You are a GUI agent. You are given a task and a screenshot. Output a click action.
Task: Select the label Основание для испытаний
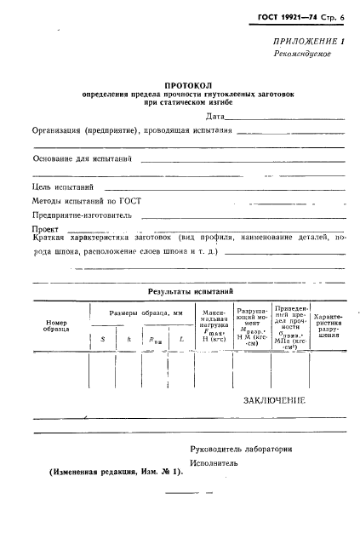pyautogui.click(x=82, y=159)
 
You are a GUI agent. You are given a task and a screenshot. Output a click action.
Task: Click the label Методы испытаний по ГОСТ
pyautogui.click(x=87, y=201)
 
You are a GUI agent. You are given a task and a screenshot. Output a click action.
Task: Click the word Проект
pyautogui.click(x=47, y=230)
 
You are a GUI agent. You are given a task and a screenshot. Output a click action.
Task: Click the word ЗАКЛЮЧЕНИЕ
pyautogui.click(x=274, y=399)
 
